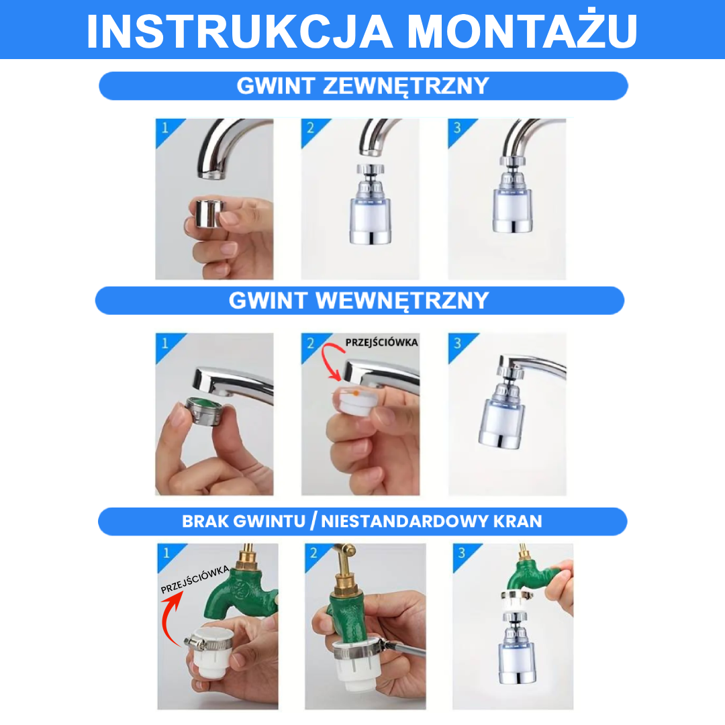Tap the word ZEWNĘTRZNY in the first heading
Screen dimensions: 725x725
click(x=406, y=86)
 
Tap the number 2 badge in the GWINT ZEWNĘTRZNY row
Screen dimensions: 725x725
click(x=309, y=128)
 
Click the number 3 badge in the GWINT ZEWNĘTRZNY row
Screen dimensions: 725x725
click(x=456, y=128)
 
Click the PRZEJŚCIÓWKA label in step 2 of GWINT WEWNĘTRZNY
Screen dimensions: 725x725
click(x=381, y=342)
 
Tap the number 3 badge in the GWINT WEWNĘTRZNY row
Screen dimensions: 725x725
click(x=458, y=342)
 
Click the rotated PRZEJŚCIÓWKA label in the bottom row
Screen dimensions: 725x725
click(x=195, y=579)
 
